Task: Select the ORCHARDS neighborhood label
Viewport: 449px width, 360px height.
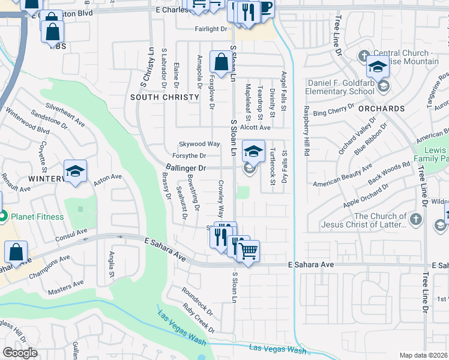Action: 382,109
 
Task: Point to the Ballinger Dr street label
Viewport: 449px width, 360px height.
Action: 186,169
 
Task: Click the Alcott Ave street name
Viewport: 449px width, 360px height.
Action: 256,127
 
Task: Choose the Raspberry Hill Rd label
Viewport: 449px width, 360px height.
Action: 306,131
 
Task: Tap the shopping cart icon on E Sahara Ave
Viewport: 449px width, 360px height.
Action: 248,250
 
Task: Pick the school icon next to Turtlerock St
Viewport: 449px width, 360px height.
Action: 253,151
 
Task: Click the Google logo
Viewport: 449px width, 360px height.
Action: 20,353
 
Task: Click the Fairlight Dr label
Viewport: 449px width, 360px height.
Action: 211,28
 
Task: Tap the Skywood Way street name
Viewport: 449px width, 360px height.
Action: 200,144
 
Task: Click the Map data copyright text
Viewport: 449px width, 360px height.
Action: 424,355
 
